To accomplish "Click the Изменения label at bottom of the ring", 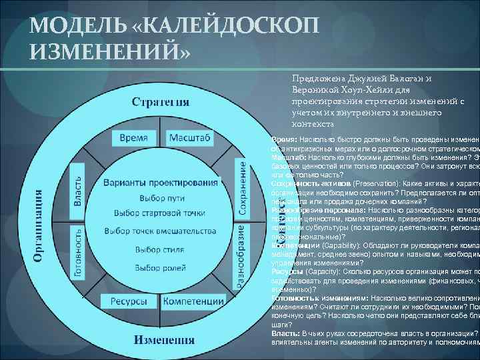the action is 164,339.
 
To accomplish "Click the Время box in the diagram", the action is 133,137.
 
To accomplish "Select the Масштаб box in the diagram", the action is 189,137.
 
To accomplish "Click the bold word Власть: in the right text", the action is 285,333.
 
